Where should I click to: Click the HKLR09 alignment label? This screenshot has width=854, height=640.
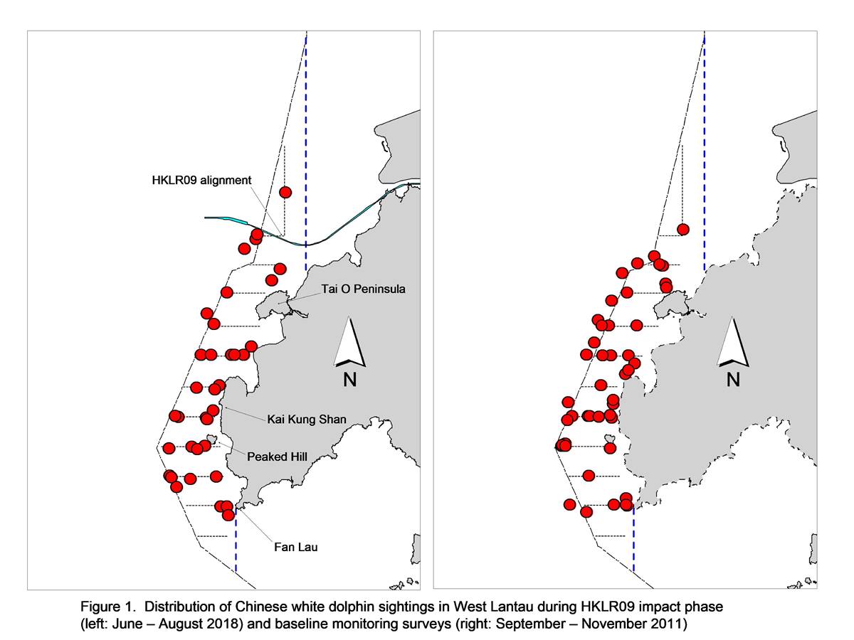(x=201, y=181)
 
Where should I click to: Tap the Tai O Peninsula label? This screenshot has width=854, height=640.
(x=363, y=289)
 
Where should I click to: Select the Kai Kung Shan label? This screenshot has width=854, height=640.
(x=307, y=420)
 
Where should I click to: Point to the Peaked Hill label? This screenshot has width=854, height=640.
(x=277, y=457)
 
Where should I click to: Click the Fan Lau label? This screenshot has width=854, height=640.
(x=295, y=547)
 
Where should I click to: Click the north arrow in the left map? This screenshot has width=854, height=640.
(x=349, y=342)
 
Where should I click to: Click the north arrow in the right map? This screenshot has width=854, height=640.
(x=733, y=342)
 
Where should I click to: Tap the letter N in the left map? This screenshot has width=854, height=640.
(x=349, y=379)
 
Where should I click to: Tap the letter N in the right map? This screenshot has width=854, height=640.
(x=733, y=379)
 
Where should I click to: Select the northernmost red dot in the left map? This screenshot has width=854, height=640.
(x=285, y=192)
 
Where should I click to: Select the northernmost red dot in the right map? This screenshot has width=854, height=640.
(x=682, y=230)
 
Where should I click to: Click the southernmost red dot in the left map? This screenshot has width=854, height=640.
(x=228, y=516)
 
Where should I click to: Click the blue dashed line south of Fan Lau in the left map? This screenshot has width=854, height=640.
(x=236, y=540)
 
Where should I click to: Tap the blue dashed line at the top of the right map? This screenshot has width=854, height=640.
(x=705, y=151)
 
